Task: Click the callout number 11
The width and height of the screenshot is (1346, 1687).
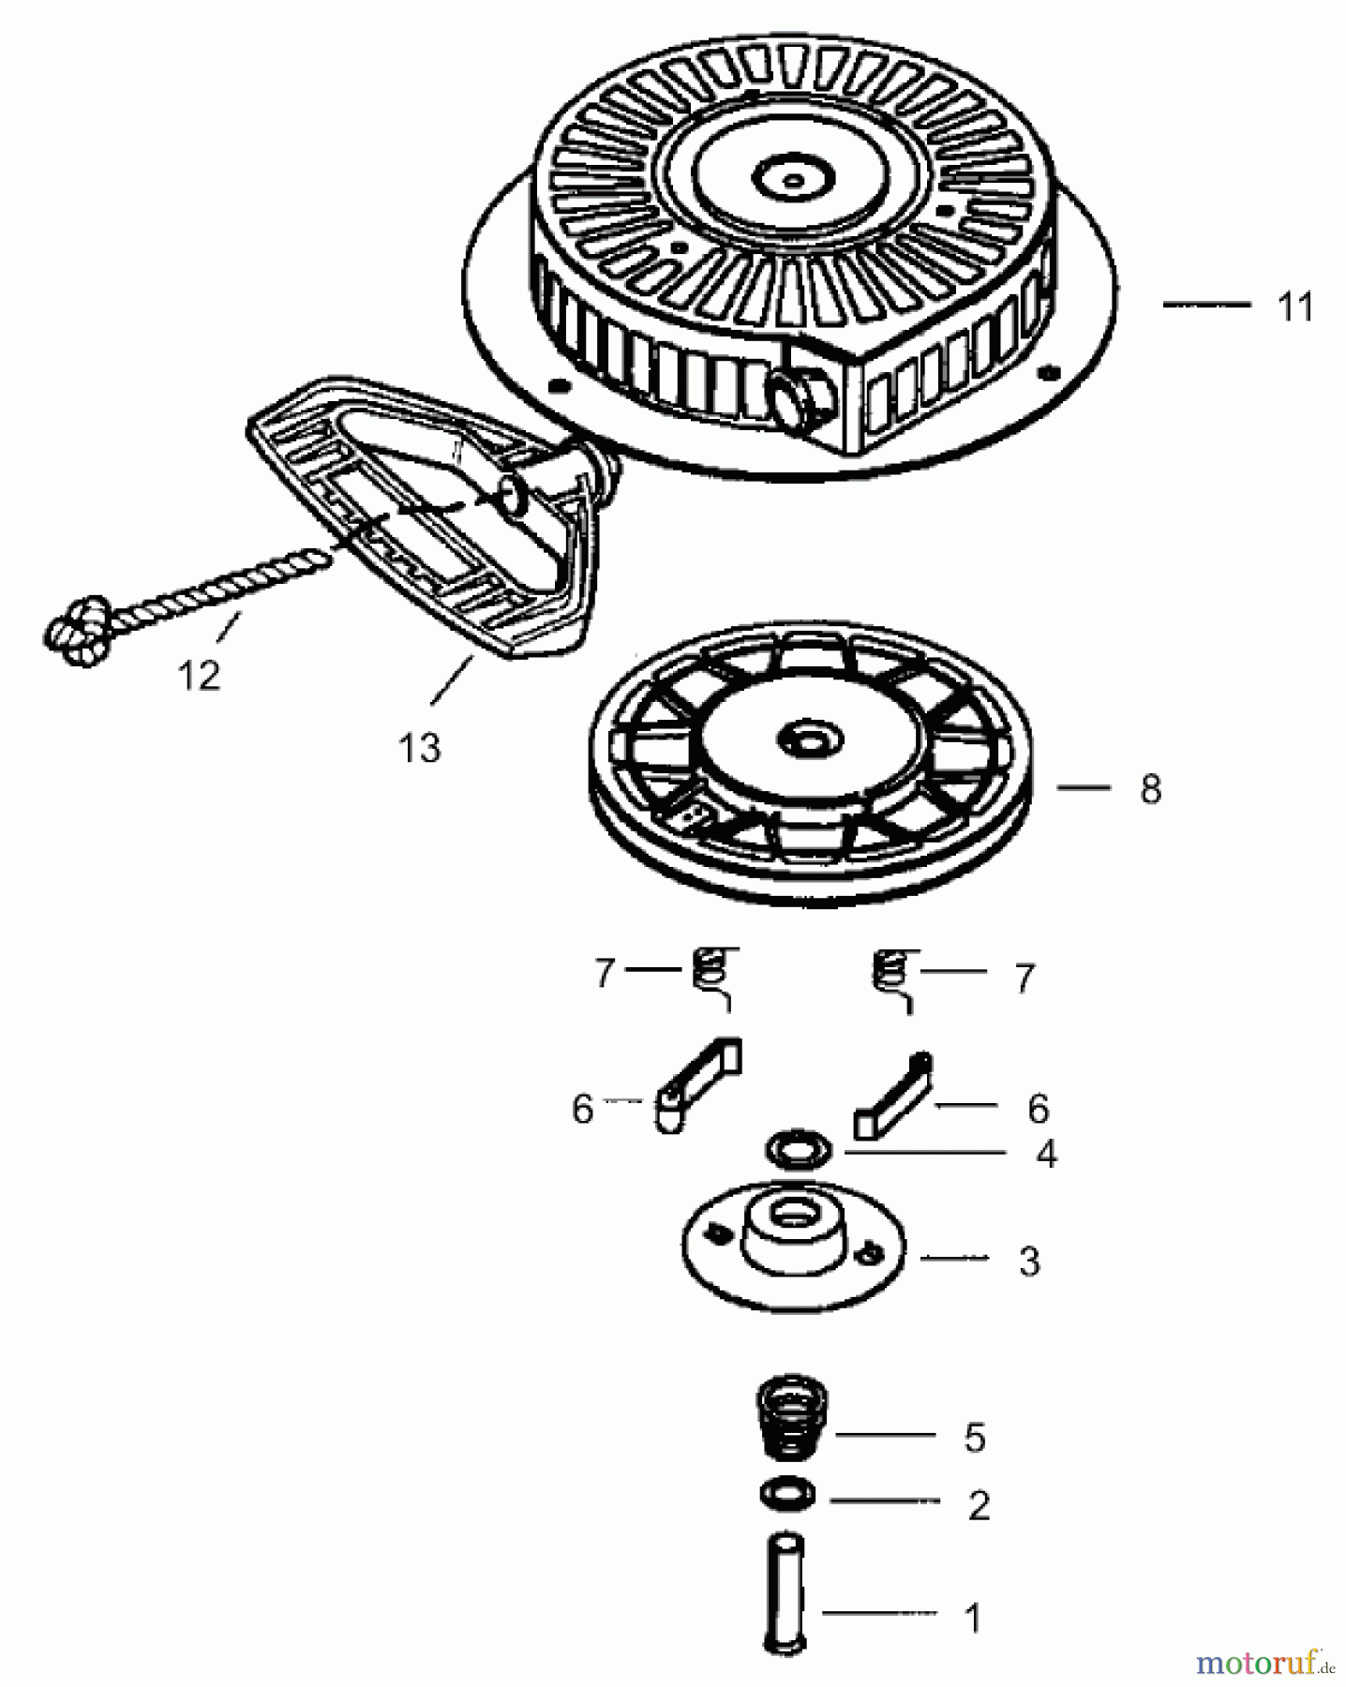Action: (1295, 307)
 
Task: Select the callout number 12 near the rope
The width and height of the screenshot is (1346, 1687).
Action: (199, 675)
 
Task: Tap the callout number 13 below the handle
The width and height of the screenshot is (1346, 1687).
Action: (418, 748)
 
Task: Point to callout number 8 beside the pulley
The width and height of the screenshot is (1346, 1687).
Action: (1150, 789)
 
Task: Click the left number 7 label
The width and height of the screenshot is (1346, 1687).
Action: (604, 974)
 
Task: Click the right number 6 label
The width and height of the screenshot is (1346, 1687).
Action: (1038, 1109)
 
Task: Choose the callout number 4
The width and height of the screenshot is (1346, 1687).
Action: (1046, 1155)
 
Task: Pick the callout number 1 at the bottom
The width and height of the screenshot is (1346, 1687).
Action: (973, 1619)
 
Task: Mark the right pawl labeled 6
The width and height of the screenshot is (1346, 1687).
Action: (893, 1097)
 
